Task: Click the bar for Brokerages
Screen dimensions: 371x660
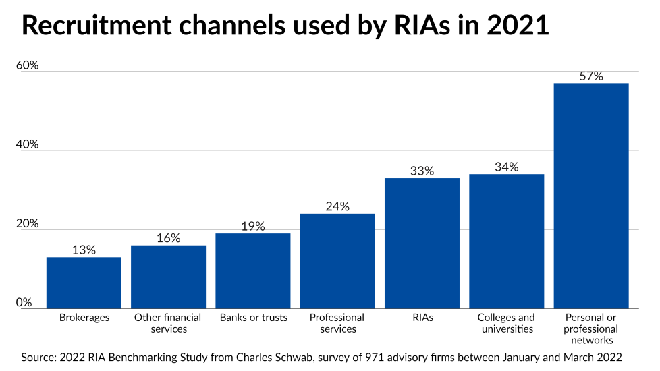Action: pos(84,283)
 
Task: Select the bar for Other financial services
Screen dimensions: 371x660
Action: pos(168,277)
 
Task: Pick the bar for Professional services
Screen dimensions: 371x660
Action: pos(337,261)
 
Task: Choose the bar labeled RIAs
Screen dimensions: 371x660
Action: pos(422,243)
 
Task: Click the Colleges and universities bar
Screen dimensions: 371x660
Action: pos(506,241)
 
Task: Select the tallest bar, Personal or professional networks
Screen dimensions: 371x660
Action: pos(591,196)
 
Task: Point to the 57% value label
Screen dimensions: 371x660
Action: pos(591,76)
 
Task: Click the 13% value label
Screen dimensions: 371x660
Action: pos(84,250)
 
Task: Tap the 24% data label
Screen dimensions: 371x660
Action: pos(337,206)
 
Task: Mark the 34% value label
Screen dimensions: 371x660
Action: pos(506,167)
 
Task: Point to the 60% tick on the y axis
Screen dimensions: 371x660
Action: pos(28,65)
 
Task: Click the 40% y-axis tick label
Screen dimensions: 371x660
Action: pos(28,145)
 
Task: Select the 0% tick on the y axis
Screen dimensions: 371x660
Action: pos(24,303)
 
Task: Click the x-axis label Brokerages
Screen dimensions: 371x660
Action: pos(84,318)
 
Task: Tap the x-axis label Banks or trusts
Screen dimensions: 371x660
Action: pos(253,318)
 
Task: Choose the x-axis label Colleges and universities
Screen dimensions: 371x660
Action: pos(506,323)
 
